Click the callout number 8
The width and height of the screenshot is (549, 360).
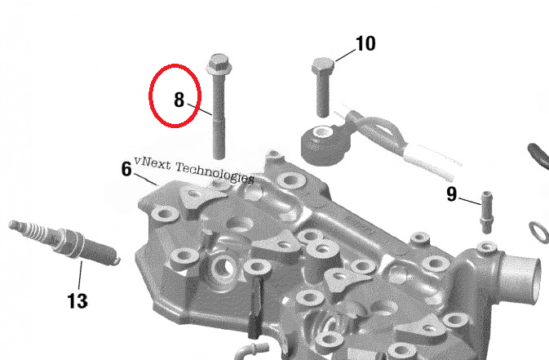pos(179,100)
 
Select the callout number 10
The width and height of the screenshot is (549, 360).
pos(365,43)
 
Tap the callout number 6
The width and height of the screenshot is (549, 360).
pos(126,169)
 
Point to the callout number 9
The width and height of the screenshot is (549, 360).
pos(452,194)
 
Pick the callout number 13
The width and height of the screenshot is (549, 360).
pos(77,300)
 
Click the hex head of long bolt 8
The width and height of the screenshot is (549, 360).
pos(218,63)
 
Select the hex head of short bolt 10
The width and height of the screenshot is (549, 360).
pos(322,65)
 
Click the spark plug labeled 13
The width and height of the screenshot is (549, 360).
pos(64,242)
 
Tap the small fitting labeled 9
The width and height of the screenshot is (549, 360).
pos(487,212)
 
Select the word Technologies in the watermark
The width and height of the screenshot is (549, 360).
pos(215,172)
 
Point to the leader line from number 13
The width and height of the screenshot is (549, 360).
pos(80,277)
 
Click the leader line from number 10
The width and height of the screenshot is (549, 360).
pos(345,56)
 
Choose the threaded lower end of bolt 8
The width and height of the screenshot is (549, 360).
pos(219,138)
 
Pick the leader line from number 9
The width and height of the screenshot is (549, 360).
pos(470,201)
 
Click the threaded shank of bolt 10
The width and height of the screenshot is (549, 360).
pos(322,95)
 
